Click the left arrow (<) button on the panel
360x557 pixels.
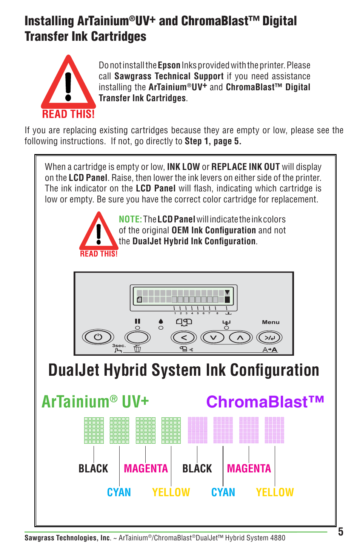click(x=184, y=337)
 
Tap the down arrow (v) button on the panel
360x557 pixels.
click(x=213, y=337)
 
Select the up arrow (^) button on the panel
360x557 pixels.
click(x=240, y=337)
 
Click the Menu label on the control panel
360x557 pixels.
click(x=271, y=322)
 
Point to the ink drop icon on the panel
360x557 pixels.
click(x=161, y=321)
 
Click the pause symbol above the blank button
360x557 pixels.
click(x=137, y=321)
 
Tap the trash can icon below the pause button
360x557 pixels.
click(x=137, y=349)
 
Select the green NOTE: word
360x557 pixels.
click(x=130, y=219)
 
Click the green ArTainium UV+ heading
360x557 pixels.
click(x=95, y=402)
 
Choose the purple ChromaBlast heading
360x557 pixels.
click(x=265, y=402)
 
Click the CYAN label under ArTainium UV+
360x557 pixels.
click(x=119, y=492)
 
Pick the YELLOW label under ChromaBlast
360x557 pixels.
click(x=275, y=492)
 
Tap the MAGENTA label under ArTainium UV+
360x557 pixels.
click(x=146, y=469)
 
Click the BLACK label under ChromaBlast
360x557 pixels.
click(x=197, y=469)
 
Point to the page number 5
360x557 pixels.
click(x=340, y=532)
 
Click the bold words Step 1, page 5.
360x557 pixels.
click(x=213, y=141)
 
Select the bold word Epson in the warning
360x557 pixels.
click(x=169, y=65)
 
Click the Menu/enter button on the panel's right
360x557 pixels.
click(x=269, y=337)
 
